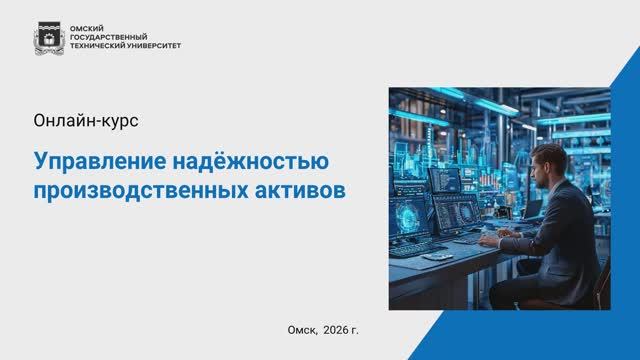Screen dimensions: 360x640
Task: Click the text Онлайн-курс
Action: [x=86, y=121]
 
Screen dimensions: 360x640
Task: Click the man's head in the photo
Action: [x=548, y=163]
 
